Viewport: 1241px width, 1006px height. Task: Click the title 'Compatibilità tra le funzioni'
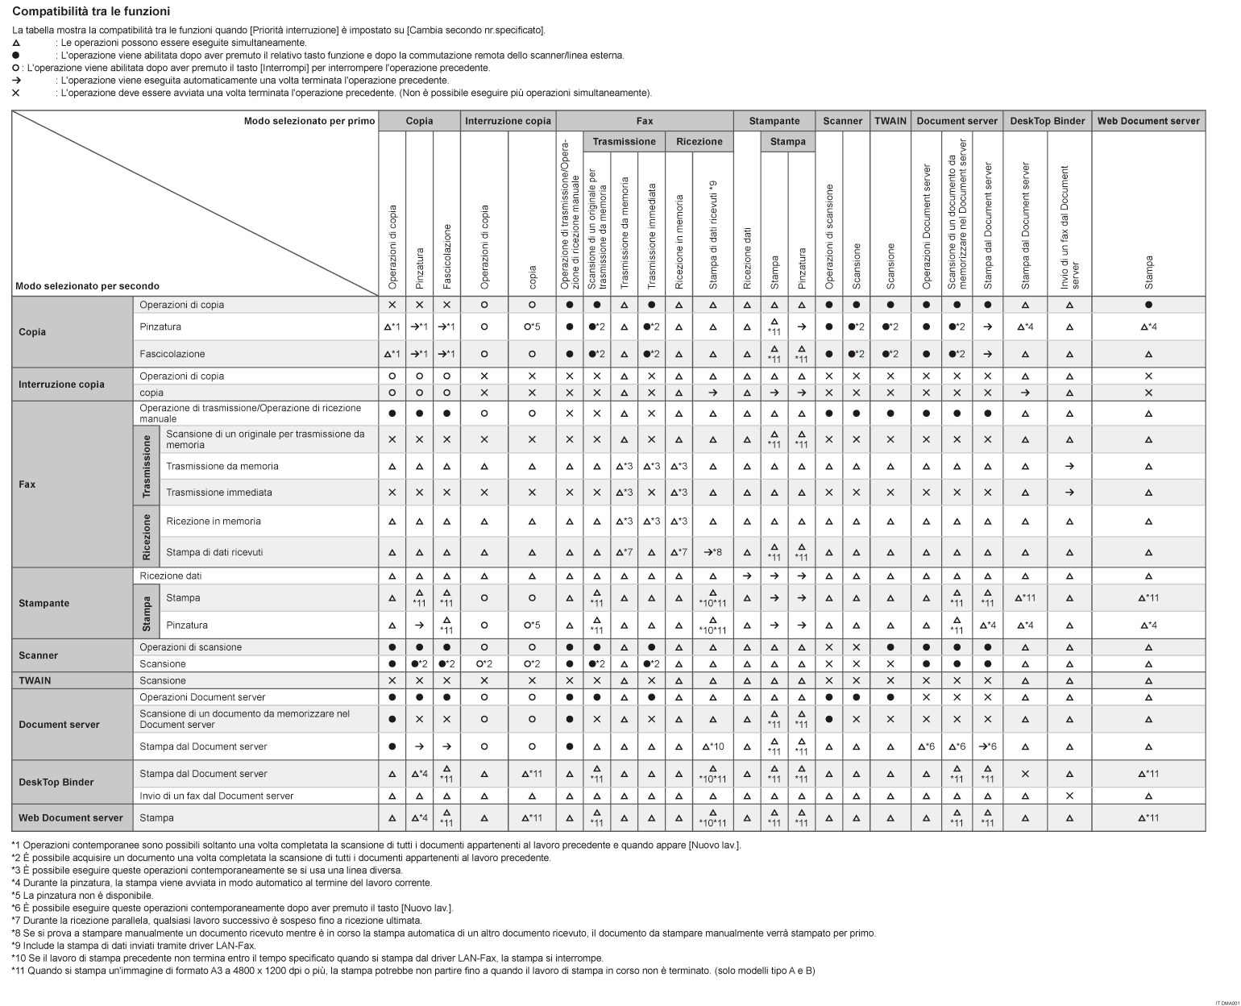coord(91,11)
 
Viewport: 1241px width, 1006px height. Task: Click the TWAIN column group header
coord(890,121)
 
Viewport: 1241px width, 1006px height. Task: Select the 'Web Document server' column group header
coord(1148,121)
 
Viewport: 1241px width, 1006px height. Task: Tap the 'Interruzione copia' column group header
coord(508,121)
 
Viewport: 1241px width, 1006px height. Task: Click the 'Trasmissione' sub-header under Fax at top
coord(624,141)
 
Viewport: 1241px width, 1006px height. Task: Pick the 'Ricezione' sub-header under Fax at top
coord(699,141)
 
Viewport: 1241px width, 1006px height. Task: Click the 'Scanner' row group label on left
coord(39,655)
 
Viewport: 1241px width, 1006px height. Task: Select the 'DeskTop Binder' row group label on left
coord(56,782)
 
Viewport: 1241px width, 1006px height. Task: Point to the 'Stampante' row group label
coord(44,603)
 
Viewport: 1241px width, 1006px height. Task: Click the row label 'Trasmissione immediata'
coord(219,493)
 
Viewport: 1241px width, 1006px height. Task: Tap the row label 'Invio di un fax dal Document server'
coord(216,796)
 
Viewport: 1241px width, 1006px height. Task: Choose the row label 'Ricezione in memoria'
coord(214,522)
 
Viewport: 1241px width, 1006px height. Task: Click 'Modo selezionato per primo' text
coord(309,121)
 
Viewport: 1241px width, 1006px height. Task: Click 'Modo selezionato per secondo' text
coord(87,286)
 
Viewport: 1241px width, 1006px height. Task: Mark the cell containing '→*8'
coord(712,552)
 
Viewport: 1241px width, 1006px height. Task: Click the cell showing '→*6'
coord(987,746)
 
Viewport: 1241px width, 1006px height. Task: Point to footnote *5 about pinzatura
coord(82,895)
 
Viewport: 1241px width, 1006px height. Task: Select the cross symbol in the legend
coord(16,93)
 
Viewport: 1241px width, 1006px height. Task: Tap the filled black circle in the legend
coord(16,56)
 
